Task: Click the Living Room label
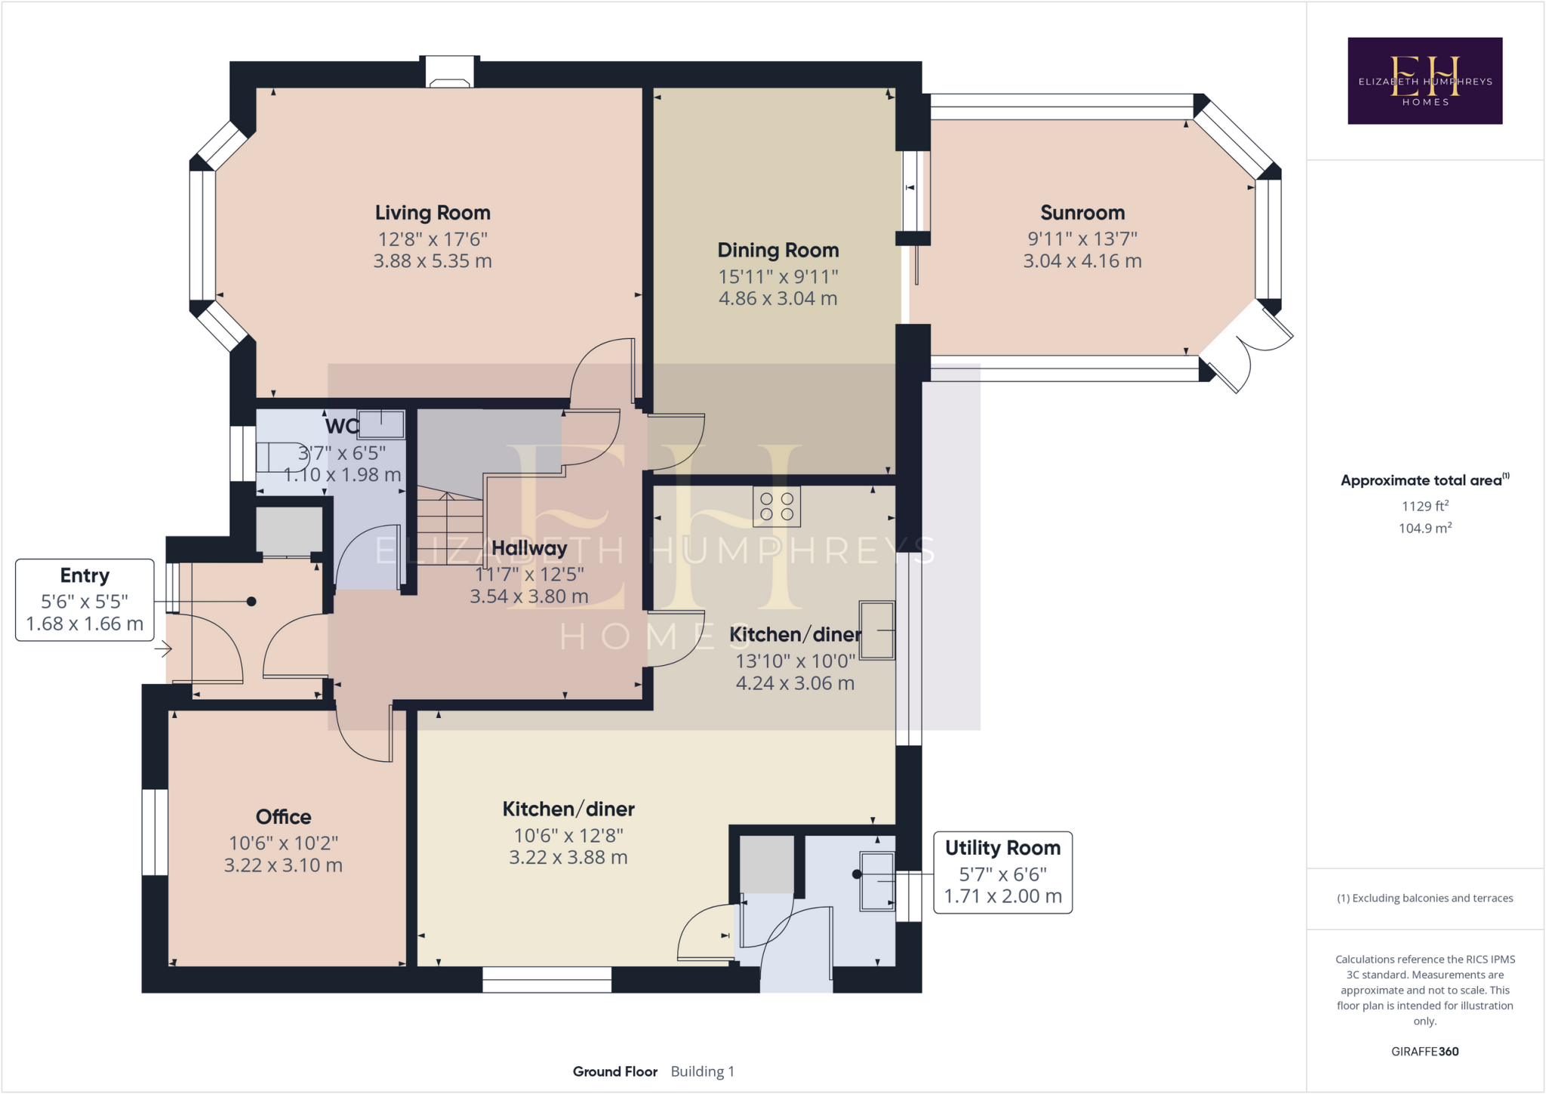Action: click(x=433, y=213)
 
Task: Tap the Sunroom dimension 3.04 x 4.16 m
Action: click(x=1082, y=261)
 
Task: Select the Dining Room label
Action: click(x=778, y=250)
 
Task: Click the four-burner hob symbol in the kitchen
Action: click(x=777, y=507)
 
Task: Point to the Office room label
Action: click(x=283, y=817)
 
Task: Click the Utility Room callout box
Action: click(x=1002, y=873)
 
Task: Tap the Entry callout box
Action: click(x=85, y=600)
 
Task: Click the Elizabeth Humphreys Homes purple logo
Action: click(x=1424, y=81)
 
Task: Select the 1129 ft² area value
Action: click(x=1424, y=506)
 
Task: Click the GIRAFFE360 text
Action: click(x=1424, y=1051)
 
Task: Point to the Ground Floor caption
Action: click(x=614, y=1071)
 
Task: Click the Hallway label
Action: click(x=528, y=548)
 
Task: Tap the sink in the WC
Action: click(x=381, y=424)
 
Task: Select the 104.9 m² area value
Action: click(x=1424, y=528)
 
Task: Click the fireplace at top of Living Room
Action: click(x=450, y=73)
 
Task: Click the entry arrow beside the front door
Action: click(x=163, y=648)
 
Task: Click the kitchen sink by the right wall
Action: click(x=876, y=630)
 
